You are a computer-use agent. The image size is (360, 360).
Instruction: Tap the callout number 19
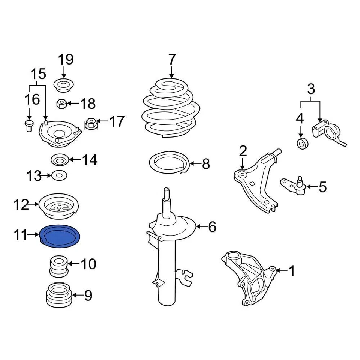point(66,60)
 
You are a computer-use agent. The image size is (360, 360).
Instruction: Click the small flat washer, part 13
point(58,175)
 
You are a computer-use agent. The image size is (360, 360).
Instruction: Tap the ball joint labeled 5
point(298,186)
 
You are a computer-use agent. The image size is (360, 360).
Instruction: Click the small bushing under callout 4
point(302,143)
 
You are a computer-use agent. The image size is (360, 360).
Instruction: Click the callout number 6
point(212,227)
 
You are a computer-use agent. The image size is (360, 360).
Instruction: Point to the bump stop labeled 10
point(58,265)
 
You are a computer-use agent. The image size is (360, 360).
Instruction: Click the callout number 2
point(243,151)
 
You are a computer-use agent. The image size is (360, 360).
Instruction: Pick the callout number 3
point(311,90)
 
